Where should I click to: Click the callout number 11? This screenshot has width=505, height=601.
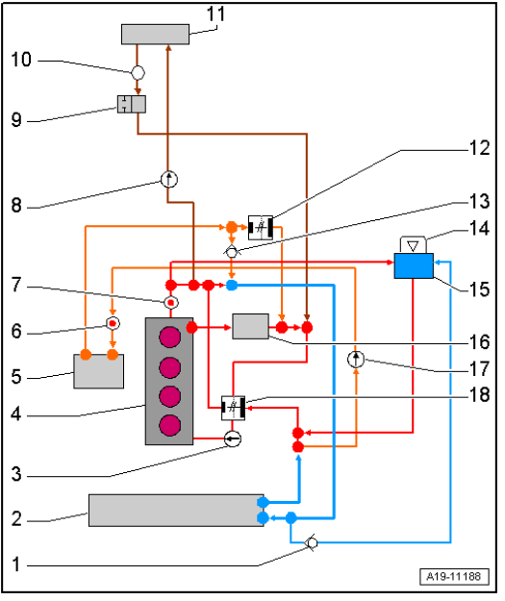(215, 13)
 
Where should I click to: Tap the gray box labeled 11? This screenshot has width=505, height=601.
(155, 34)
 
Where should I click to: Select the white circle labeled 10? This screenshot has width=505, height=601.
(139, 72)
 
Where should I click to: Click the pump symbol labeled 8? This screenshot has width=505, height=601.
(168, 179)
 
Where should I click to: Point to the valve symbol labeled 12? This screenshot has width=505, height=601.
(261, 228)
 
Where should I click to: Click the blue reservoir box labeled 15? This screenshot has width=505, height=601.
(414, 265)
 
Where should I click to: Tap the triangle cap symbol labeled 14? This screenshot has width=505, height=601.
(413, 245)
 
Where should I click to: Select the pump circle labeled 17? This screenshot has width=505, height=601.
(356, 360)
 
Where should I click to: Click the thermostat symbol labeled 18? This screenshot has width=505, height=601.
(233, 409)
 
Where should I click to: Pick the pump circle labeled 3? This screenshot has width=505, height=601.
(233, 438)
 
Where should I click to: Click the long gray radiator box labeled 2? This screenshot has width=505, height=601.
(176, 511)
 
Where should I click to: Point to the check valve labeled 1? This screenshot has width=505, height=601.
(312, 542)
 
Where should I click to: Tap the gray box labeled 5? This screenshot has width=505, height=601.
(99, 371)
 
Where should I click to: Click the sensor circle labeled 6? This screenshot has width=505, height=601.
(113, 323)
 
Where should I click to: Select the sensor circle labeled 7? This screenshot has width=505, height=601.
(171, 302)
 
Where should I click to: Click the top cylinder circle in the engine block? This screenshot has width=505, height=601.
(170, 337)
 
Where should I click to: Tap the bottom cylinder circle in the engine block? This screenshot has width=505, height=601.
(170, 425)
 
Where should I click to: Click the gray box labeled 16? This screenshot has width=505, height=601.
(251, 326)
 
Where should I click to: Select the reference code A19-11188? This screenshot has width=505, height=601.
(454, 576)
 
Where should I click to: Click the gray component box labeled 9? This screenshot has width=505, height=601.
(132, 104)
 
